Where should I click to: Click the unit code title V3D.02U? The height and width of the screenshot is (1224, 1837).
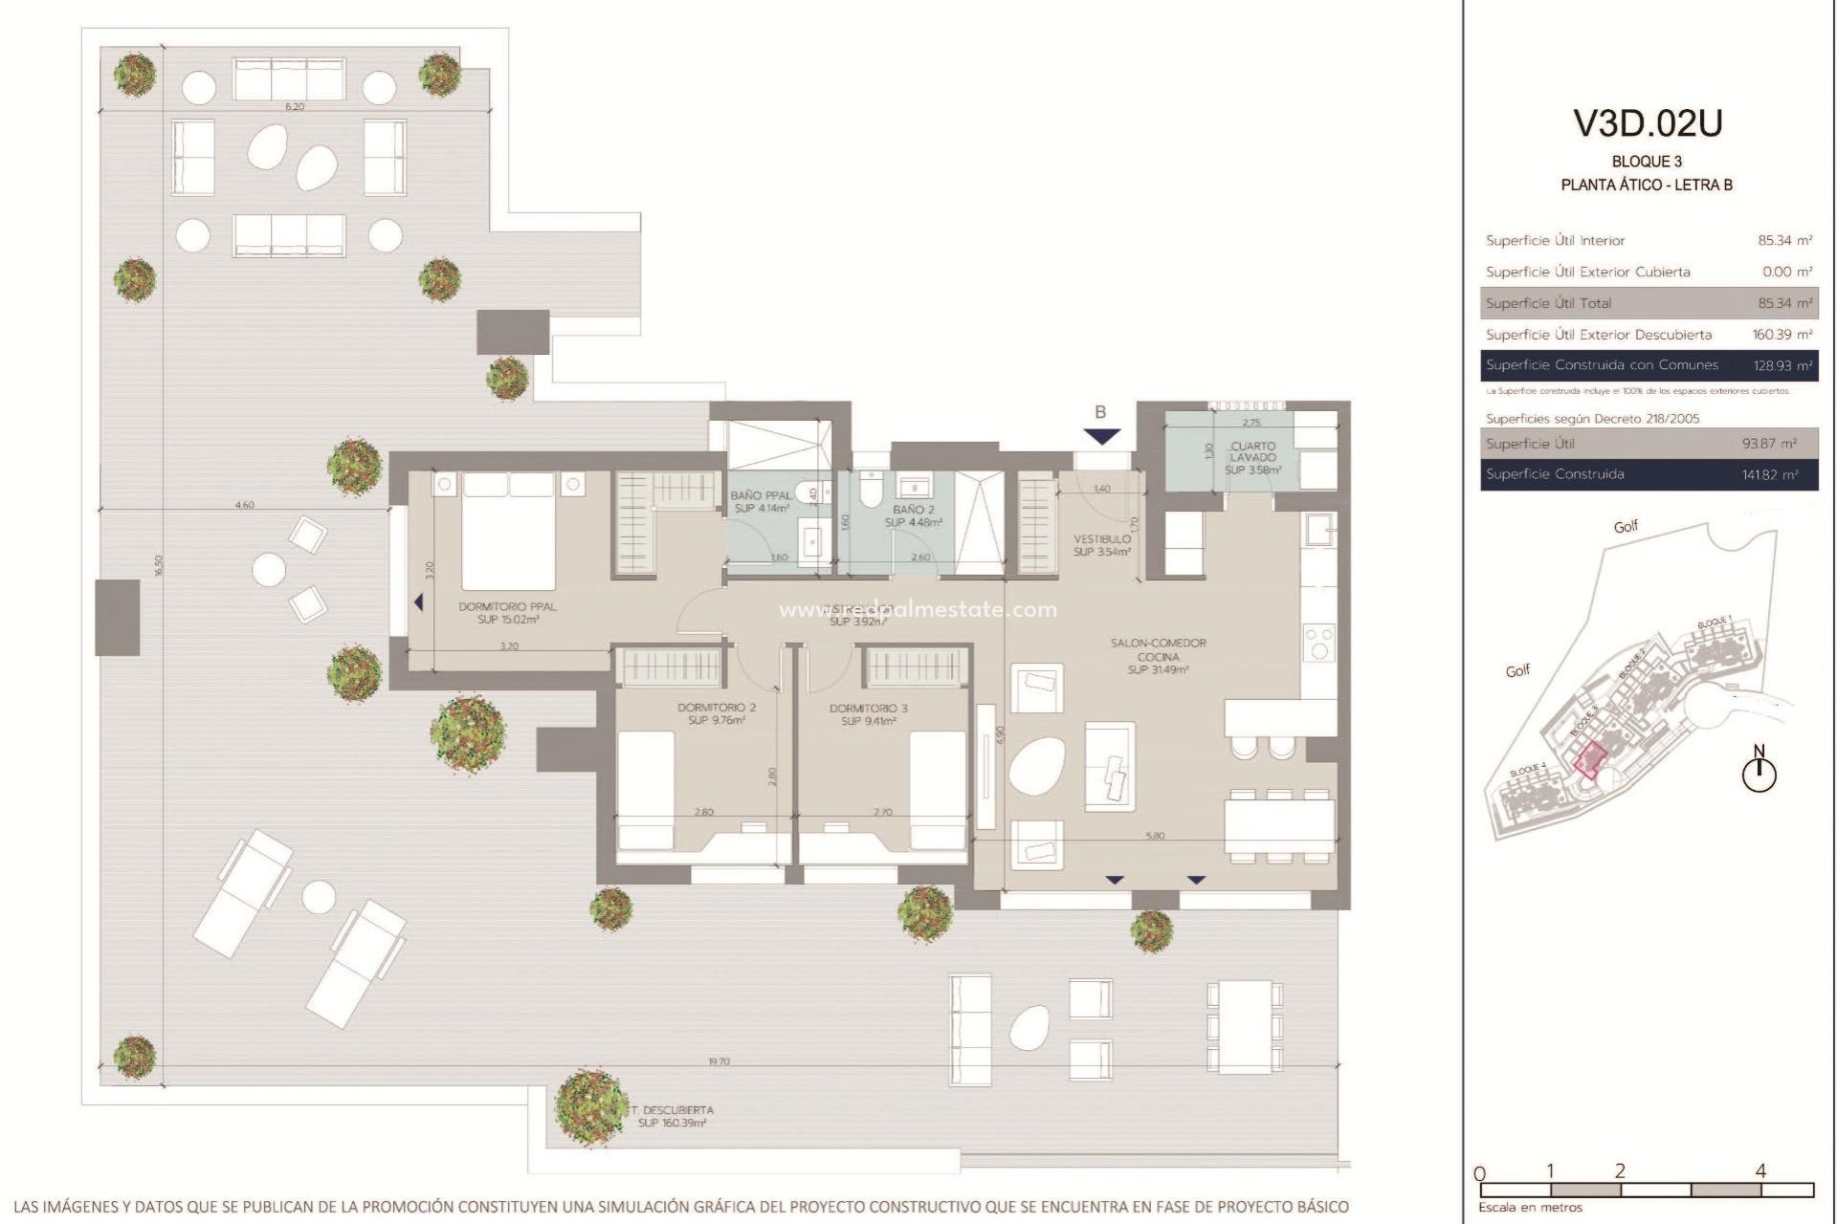pos(1648,122)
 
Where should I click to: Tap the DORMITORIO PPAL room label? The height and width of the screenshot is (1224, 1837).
pos(507,613)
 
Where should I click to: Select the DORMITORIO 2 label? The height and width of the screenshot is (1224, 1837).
pos(717,713)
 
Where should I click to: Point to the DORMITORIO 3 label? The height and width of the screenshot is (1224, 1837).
pos(868,714)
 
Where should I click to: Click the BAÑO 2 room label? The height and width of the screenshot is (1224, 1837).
pos(913,515)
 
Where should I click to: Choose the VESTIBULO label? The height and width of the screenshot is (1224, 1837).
pos(1101,545)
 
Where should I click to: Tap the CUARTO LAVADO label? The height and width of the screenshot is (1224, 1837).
pos(1252,457)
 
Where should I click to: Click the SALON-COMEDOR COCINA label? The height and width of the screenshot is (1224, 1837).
pos(1158,656)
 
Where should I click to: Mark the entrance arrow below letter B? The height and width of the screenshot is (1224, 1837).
pos(1102,437)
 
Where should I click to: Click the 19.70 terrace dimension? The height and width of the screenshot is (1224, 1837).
pos(718,1061)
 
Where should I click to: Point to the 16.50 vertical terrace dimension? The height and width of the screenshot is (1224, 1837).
pos(160,564)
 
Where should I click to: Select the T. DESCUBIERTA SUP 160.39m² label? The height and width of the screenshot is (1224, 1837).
pos(673,1116)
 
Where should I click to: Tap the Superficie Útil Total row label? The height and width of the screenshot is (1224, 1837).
pos(1548,303)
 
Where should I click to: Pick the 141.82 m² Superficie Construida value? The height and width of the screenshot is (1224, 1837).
pos(1769,474)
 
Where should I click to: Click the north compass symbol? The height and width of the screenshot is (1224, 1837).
pos(1758,772)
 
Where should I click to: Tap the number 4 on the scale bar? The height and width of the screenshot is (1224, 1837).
pos(1760,1170)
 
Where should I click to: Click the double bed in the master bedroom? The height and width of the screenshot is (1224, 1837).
pos(508,531)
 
